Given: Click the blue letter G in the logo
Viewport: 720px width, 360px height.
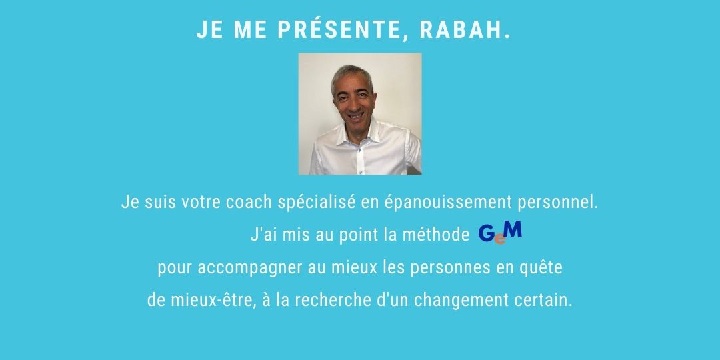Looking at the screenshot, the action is [487, 234].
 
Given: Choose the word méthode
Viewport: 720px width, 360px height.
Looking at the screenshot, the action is [436, 235].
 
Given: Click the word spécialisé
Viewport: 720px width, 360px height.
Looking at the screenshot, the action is [317, 203].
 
